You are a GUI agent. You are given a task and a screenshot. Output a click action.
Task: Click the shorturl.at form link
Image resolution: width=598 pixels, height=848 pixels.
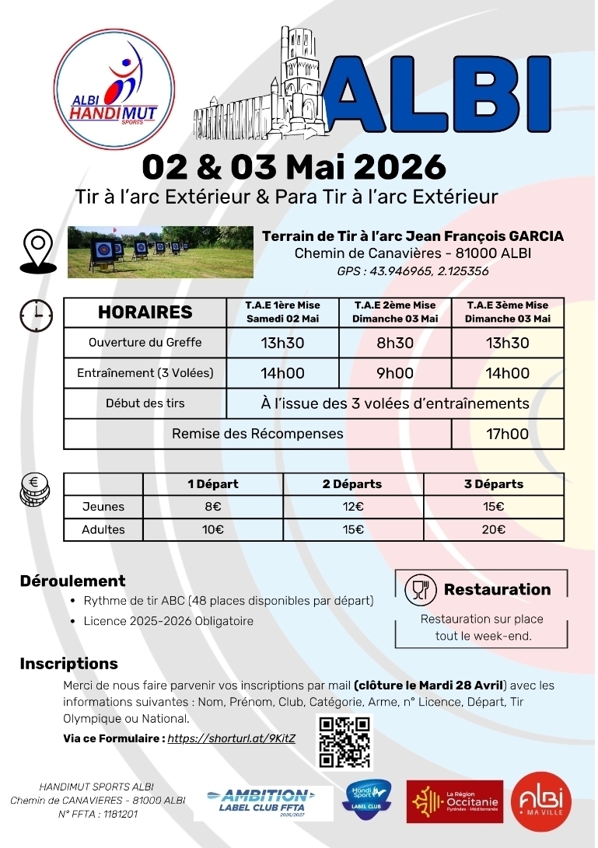tap(232, 738)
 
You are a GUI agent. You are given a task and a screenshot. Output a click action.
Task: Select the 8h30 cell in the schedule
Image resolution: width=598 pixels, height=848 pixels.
tap(395, 343)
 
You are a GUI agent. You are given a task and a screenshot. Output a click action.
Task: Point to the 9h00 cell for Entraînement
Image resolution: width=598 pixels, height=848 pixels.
tap(395, 373)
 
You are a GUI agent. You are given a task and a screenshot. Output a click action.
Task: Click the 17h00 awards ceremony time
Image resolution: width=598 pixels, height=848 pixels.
tap(507, 434)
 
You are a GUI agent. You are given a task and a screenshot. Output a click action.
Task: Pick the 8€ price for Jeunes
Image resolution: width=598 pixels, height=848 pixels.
tap(213, 507)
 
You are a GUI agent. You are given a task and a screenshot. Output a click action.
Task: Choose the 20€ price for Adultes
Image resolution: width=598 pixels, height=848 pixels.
tap(493, 530)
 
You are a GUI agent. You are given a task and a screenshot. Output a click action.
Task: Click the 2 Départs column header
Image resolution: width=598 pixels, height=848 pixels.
tap(352, 483)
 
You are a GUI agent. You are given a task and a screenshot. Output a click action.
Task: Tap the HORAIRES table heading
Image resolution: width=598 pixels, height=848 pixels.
tap(145, 312)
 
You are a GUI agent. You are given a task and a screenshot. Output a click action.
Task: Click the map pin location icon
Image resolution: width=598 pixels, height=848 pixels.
tap(37, 250)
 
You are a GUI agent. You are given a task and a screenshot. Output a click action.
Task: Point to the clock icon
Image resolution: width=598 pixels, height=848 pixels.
tap(37, 314)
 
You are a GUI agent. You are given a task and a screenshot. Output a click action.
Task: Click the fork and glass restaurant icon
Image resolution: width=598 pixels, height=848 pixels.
tap(419, 590)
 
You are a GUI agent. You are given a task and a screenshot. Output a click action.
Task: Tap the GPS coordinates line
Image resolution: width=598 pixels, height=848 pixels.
tap(413, 271)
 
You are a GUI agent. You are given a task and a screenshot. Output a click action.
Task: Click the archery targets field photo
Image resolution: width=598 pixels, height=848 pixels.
tap(160, 251)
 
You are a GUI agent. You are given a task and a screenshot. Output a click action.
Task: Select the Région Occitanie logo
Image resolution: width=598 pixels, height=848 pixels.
tap(455, 801)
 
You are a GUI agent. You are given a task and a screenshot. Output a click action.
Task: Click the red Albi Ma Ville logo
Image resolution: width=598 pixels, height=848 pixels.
tap(541, 801)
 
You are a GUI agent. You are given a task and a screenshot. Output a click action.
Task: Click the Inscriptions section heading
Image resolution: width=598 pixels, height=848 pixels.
tap(69, 664)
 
